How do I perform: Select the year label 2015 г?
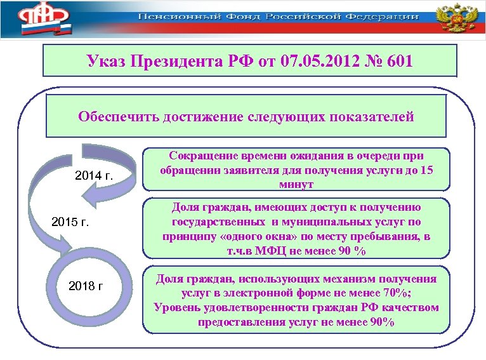[69, 223]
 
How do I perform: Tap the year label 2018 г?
[85, 286]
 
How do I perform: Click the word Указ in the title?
[106, 62]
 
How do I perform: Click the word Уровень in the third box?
[176, 308]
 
